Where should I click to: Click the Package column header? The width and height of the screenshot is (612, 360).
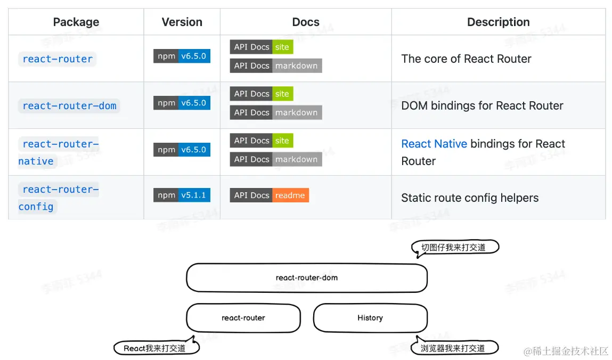point(76,22)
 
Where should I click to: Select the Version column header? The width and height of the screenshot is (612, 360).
point(182,22)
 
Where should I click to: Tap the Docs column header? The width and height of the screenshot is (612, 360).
point(306,22)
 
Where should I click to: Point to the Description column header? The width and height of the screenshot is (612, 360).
point(498,22)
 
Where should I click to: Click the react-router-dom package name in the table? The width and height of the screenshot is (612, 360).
point(69,105)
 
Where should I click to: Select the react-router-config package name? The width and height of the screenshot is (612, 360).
point(59,198)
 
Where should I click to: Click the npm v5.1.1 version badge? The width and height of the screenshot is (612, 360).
point(182,195)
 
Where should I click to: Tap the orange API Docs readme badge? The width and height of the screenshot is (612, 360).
point(270,195)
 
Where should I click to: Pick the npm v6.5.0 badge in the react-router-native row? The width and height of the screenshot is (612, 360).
point(182,150)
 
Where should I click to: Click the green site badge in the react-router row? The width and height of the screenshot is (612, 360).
point(282,47)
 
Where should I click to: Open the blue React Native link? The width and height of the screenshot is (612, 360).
point(434,144)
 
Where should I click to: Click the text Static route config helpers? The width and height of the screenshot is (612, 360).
point(470,198)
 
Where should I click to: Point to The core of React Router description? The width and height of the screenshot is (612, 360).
point(466,59)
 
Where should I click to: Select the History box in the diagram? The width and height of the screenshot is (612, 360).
point(370,318)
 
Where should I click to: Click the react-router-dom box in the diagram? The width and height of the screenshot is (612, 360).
point(306,277)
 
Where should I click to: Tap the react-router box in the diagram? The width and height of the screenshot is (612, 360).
point(243,318)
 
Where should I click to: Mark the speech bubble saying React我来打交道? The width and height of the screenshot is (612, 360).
point(156,348)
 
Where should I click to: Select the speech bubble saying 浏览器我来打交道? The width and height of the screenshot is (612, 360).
point(454,348)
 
